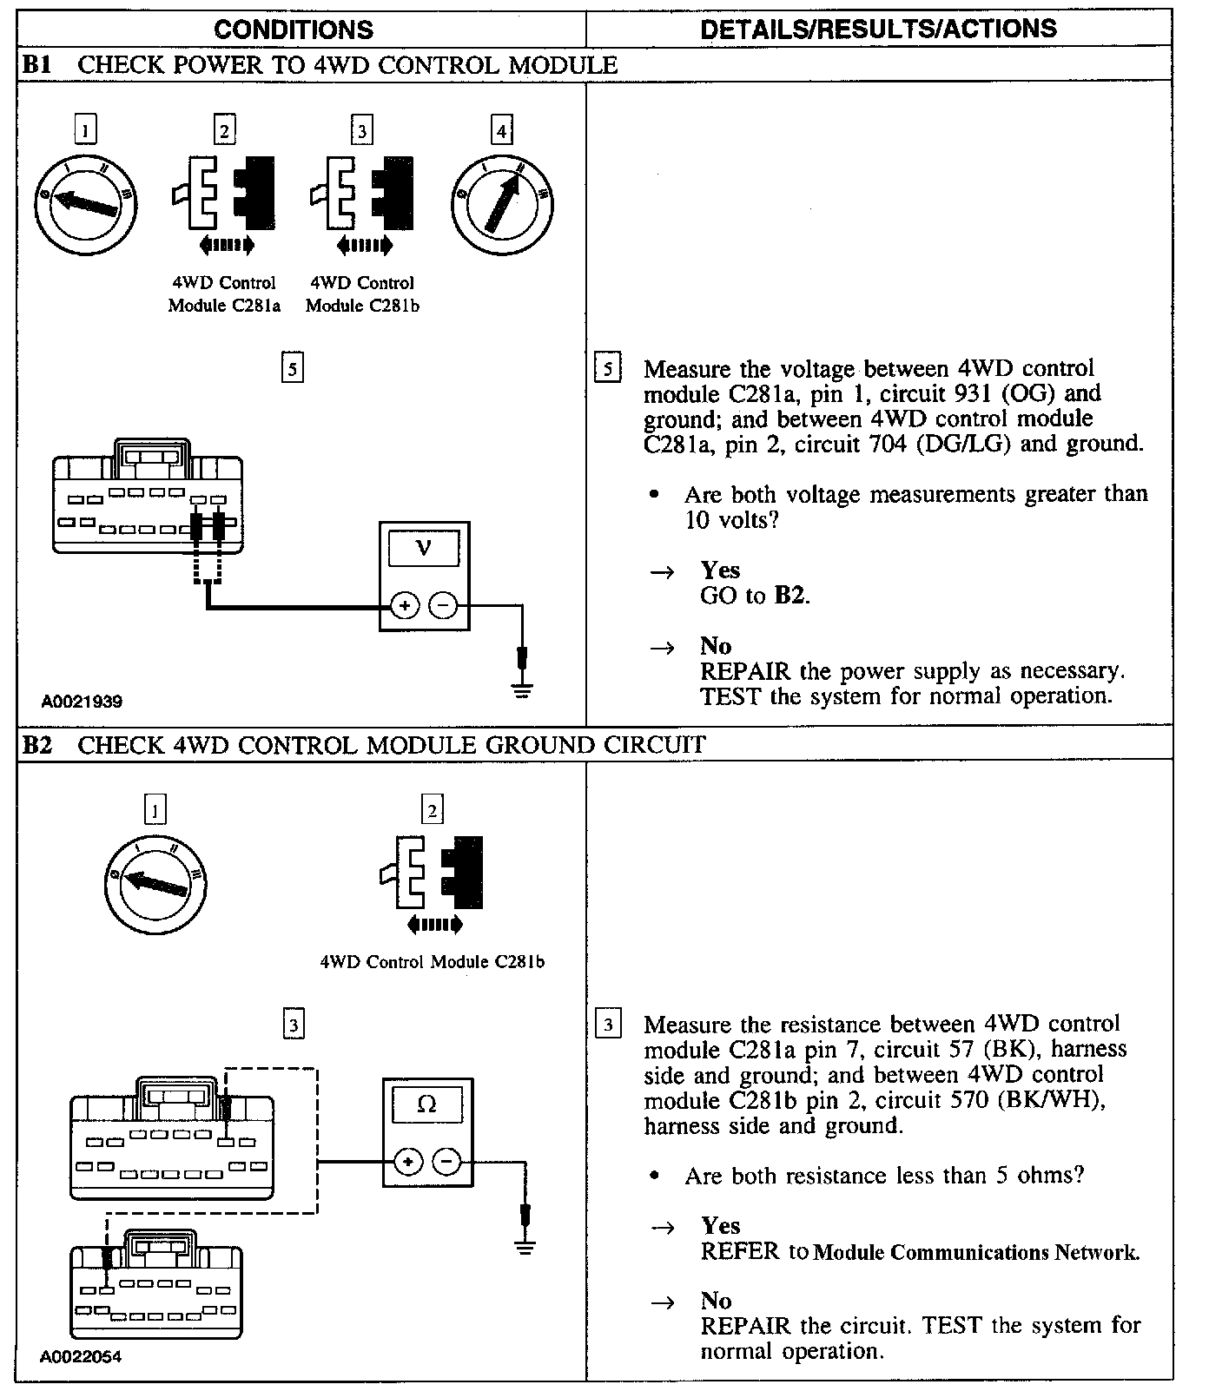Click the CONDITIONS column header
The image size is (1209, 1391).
coord(294,30)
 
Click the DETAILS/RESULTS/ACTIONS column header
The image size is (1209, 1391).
coord(878,29)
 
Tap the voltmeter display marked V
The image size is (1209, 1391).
coord(424,549)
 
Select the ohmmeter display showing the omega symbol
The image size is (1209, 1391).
coord(426,1105)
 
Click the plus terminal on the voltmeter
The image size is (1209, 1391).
coord(404,605)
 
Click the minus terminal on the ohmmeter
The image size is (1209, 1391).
coord(446,1161)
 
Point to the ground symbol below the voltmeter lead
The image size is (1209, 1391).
coord(522,691)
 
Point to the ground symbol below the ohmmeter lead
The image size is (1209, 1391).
coord(524,1247)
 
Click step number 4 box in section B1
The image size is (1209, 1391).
coord(501,131)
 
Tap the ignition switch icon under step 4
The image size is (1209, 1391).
coord(503,205)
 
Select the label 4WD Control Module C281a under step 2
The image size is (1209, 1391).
coord(224,294)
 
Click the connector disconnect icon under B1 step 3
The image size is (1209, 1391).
coord(361,206)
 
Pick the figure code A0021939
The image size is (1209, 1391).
coord(82,702)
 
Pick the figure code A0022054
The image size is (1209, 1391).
coord(82,1356)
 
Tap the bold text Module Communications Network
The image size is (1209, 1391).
coord(977,1252)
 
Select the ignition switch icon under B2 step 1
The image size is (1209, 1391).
coord(156,884)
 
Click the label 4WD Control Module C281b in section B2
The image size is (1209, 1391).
coord(433,962)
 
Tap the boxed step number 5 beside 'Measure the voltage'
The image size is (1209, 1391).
coord(607,369)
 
